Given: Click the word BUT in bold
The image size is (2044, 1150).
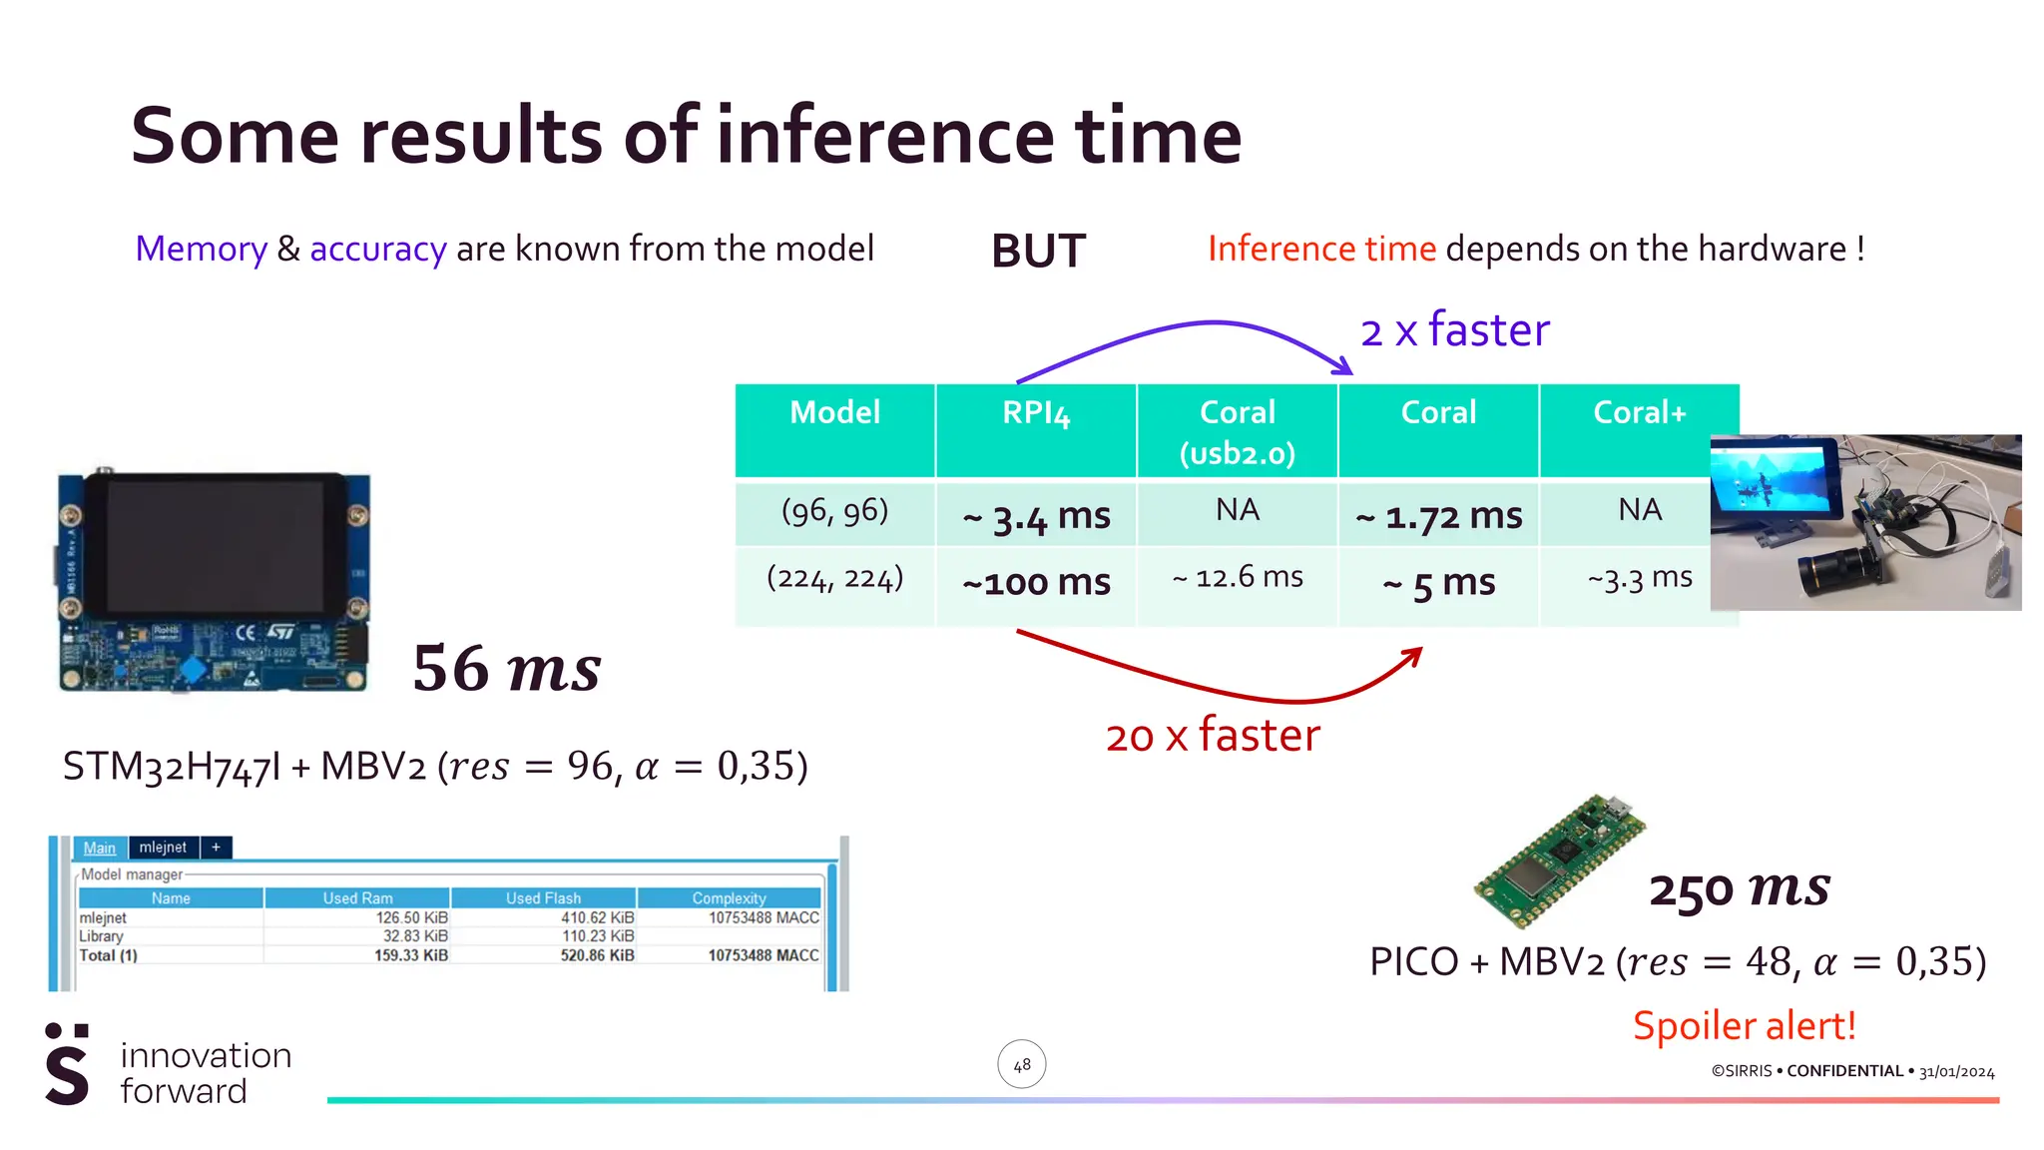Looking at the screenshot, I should tap(1038, 251).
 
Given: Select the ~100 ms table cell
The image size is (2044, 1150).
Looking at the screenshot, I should tap(1036, 582).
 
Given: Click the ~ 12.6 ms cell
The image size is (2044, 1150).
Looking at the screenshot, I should tap(1238, 577).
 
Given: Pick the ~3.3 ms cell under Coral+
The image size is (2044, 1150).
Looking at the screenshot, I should tap(1640, 577).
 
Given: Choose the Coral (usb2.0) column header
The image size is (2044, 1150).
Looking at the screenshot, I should tap(1238, 431).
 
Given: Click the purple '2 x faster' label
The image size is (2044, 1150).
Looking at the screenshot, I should tap(1455, 330).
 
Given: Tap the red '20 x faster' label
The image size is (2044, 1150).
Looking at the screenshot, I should tap(1213, 736).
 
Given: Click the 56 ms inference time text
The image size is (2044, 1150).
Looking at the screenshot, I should tap(507, 668).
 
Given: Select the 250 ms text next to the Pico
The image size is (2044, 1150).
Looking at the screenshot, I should tap(1740, 887).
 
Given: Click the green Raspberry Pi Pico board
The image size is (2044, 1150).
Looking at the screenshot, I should tap(1559, 860).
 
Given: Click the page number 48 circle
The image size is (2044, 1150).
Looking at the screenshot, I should tap(1022, 1065).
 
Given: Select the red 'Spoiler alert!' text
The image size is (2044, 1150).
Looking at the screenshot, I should tap(1744, 1026).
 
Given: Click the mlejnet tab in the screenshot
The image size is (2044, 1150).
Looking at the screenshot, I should tap(163, 848).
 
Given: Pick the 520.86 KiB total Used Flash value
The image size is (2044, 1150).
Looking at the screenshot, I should tap(597, 955).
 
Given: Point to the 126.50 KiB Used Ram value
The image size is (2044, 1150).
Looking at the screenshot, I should tap(411, 917).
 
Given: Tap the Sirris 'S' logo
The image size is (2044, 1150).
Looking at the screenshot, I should tap(68, 1065).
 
